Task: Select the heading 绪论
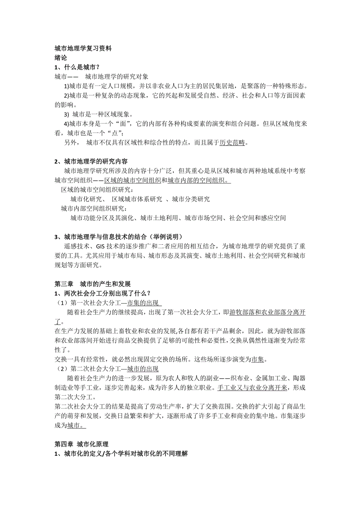(61, 58)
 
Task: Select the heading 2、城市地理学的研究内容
(91, 161)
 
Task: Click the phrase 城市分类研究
(191, 199)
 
